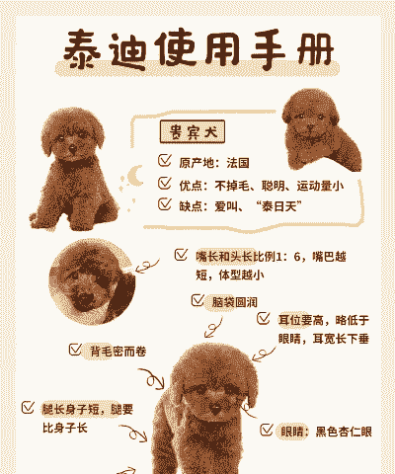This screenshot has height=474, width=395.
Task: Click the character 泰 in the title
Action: tap(82, 50)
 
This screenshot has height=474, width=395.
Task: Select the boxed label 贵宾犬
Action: tap(193, 131)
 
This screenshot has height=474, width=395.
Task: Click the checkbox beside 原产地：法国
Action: tap(165, 160)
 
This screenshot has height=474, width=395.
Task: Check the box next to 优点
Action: tap(165, 183)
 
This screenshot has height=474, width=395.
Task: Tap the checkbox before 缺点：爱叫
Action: tap(165, 204)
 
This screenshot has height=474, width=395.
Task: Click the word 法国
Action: tap(238, 163)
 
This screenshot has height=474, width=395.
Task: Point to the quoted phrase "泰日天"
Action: tap(278, 206)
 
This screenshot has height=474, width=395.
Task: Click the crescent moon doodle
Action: tap(134, 176)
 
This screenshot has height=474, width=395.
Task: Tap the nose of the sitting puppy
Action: tap(73, 149)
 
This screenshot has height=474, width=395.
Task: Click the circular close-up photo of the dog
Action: tap(93, 281)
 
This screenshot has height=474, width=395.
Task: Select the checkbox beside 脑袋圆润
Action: tap(197, 300)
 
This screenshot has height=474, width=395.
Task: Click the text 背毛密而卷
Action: tap(118, 352)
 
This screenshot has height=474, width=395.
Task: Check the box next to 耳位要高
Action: tap(264, 318)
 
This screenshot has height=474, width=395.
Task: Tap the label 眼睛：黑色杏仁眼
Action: tap(326, 432)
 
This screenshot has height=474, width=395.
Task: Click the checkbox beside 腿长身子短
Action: tap(28, 407)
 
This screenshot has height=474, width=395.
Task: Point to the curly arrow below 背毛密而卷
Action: tap(152, 379)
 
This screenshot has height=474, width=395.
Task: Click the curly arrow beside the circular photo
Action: tap(147, 266)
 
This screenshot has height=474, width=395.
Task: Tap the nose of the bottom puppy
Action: tap(215, 409)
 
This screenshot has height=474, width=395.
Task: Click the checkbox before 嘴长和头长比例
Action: tap(181, 255)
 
